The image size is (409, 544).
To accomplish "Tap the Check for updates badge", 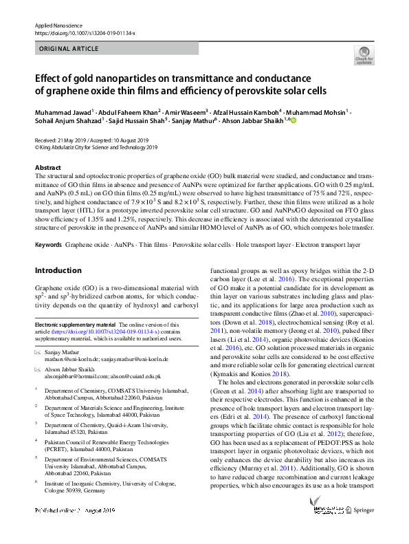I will [x=364, y=56].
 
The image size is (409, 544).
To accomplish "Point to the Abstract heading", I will [x=47, y=168].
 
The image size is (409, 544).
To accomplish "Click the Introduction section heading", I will [x=58, y=270].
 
